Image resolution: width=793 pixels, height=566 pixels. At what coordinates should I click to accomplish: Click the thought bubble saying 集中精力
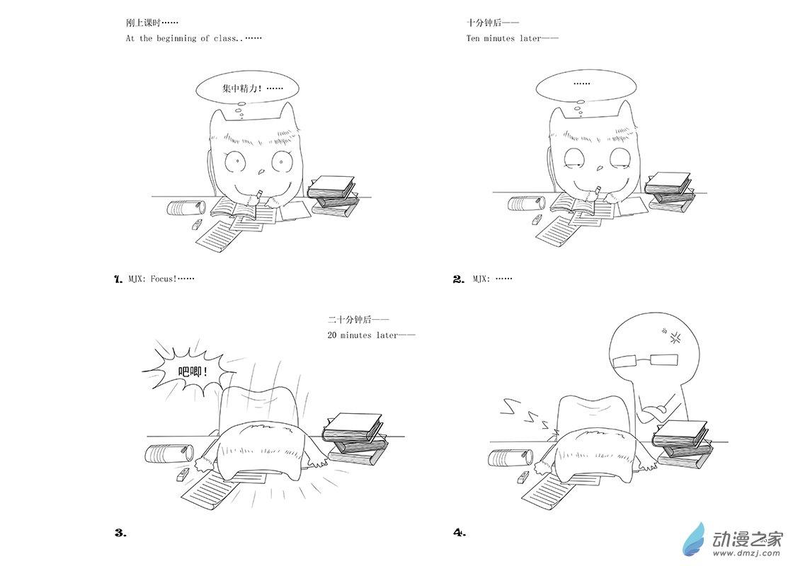click(247, 89)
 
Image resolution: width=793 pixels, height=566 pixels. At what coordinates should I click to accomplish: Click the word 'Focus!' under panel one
click(164, 279)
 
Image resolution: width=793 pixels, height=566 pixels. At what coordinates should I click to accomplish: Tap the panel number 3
click(120, 533)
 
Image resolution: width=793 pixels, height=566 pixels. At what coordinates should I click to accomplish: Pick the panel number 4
click(460, 532)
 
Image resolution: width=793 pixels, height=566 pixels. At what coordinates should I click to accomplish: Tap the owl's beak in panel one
click(261, 172)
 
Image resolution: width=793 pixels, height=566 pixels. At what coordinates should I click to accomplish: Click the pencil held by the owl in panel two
click(597, 191)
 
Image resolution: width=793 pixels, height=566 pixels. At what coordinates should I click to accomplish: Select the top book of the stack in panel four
click(680, 431)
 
